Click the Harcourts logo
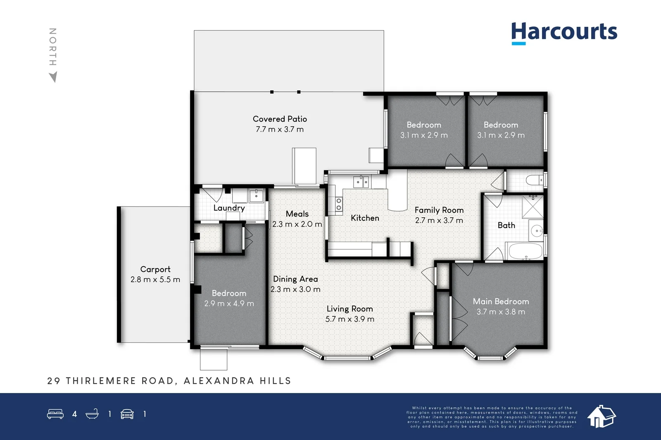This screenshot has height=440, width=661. tap(564, 33)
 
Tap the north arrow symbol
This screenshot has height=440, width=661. tap(53, 77)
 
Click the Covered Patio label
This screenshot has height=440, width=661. tap(280, 119)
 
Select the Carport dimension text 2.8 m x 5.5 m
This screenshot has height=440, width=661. tap(155, 280)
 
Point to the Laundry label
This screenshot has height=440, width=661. tap(229, 208)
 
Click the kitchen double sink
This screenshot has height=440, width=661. tap(361, 181)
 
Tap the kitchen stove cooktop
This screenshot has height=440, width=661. tap(339, 204)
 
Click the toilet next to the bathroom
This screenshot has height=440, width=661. tap(535, 180)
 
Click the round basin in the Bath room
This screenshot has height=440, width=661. tap(537, 231)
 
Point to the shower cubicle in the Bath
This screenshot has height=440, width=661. tap(533, 207)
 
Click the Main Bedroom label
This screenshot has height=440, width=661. tap(501, 301)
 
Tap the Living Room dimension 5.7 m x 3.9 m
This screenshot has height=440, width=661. tap(350, 319)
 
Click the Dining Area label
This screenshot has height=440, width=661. tap(295, 279)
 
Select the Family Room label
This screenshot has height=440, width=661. tap(439, 210)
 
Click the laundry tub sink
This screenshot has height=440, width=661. tap(256, 195)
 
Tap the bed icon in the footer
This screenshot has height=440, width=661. tap(55, 414)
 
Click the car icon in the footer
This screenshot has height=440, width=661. tap(127, 414)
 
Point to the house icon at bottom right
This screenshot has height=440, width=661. tap(601, 416)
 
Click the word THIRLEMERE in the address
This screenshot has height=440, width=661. tap(101, 381)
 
